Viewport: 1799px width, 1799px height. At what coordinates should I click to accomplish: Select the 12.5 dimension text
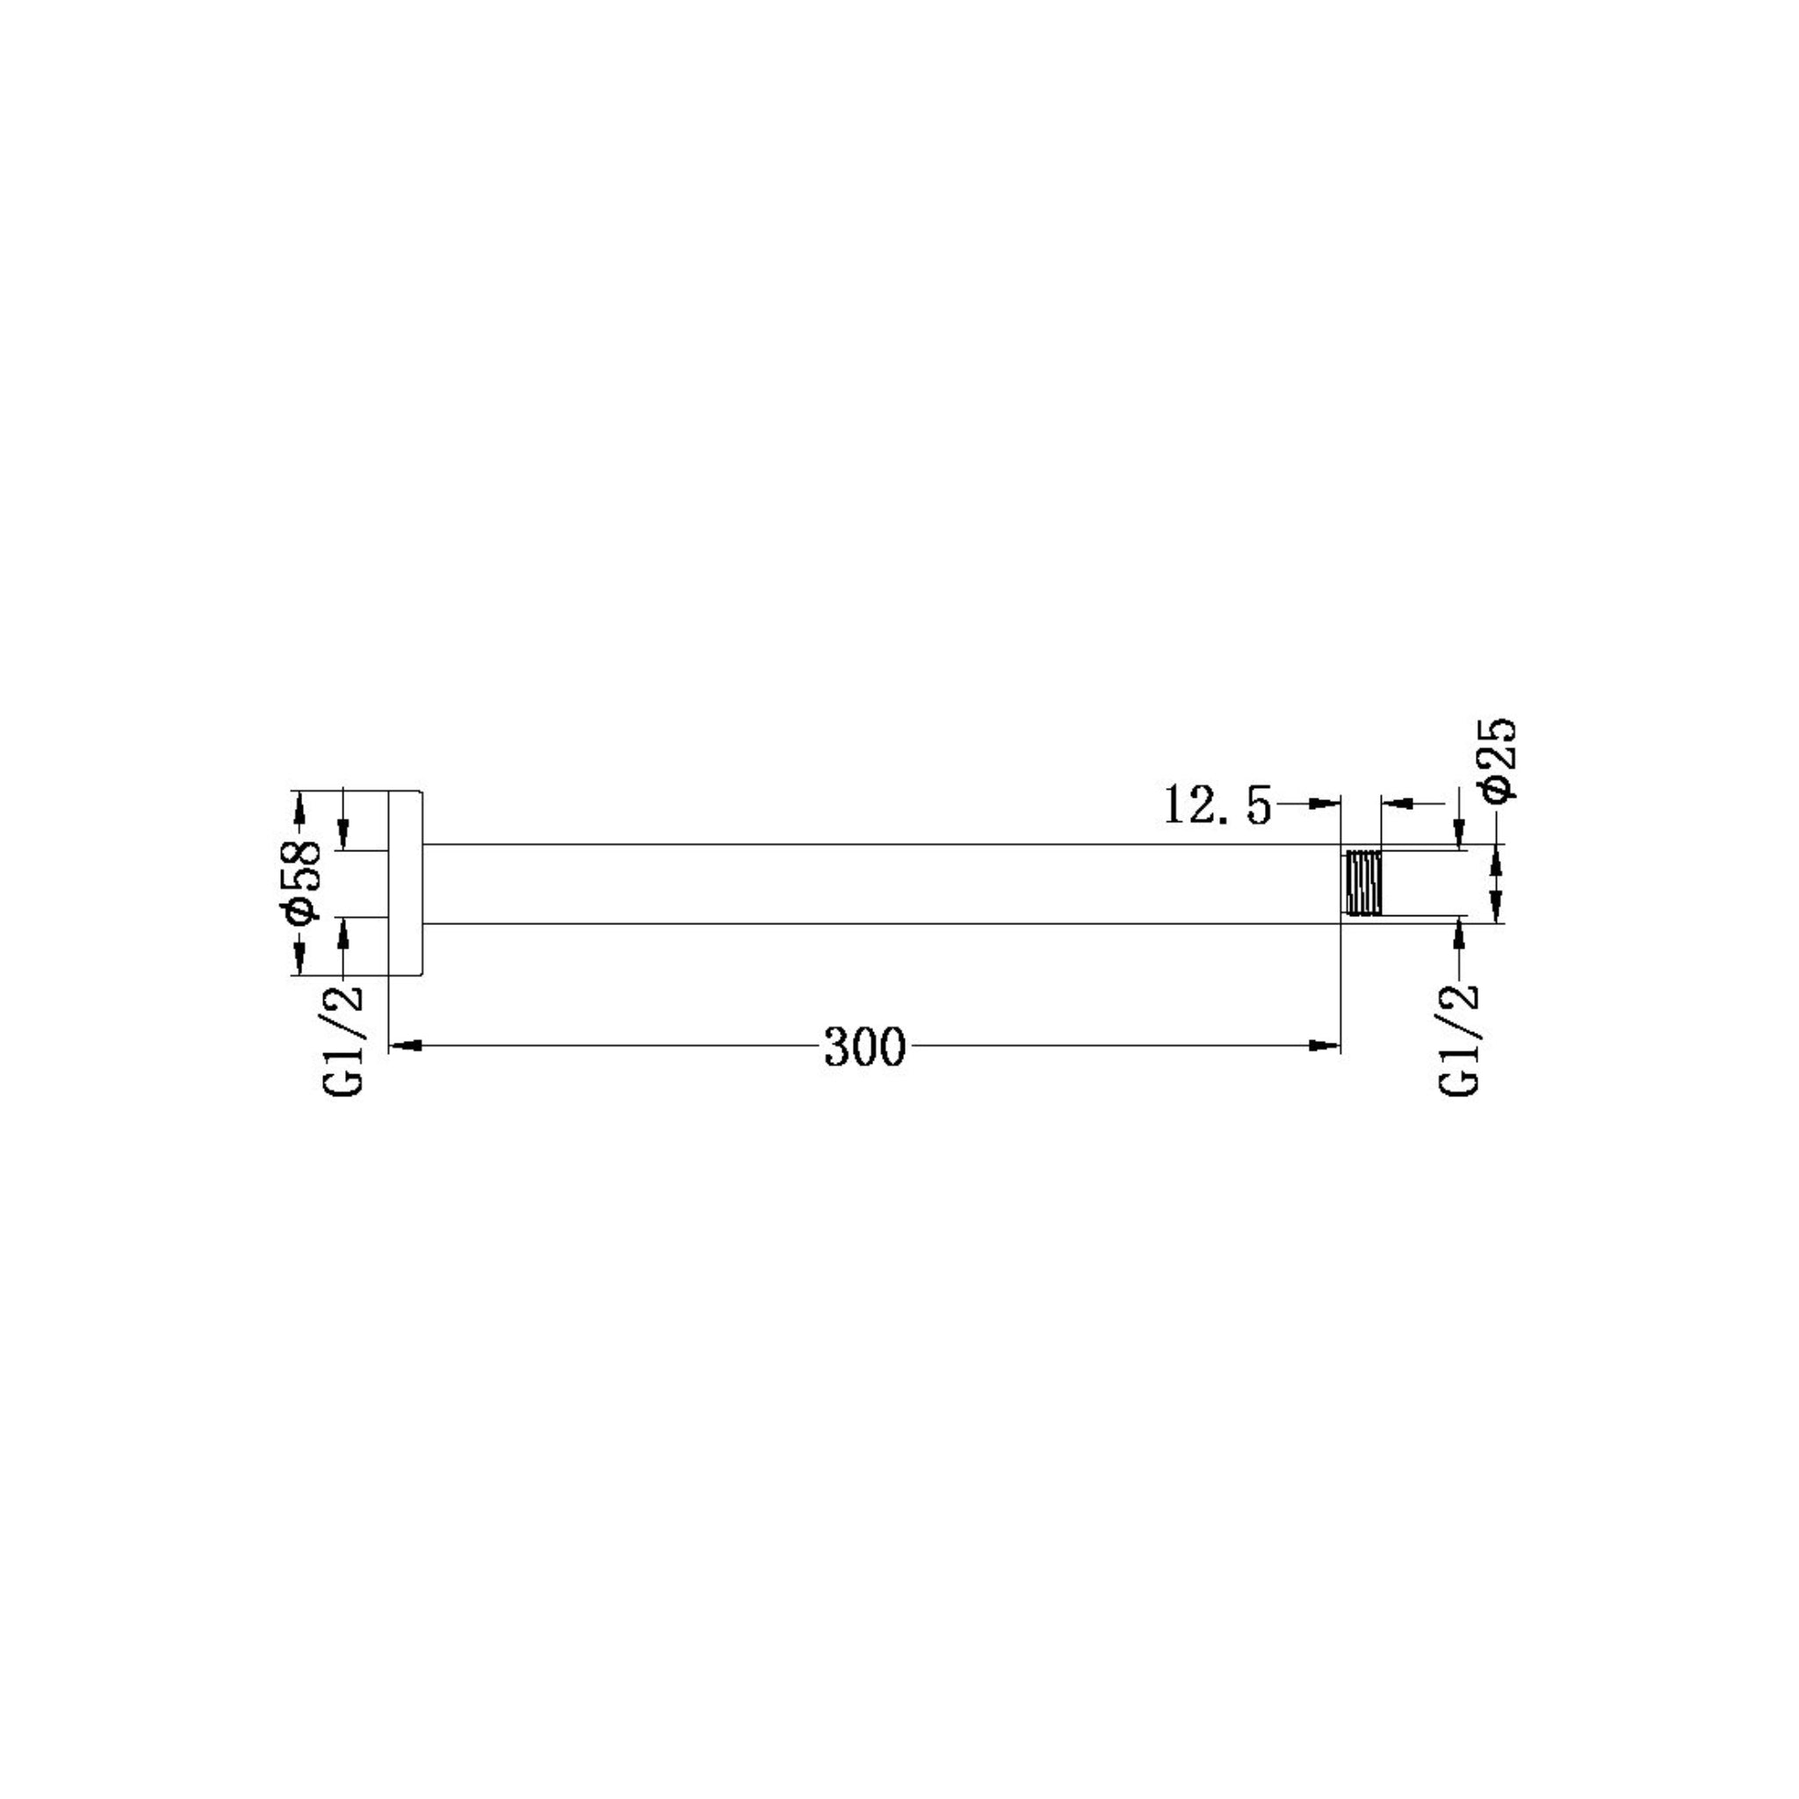click(1216, 805)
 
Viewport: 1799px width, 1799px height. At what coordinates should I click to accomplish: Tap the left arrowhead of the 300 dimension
click(404, 1045)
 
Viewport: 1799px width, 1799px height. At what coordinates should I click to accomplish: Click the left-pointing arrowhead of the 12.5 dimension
click(1397, 802)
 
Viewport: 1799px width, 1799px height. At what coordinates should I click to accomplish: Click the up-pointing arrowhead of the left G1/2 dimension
click(343, 931)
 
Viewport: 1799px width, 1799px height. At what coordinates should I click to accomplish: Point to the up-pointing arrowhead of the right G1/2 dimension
click(1458, 931)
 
